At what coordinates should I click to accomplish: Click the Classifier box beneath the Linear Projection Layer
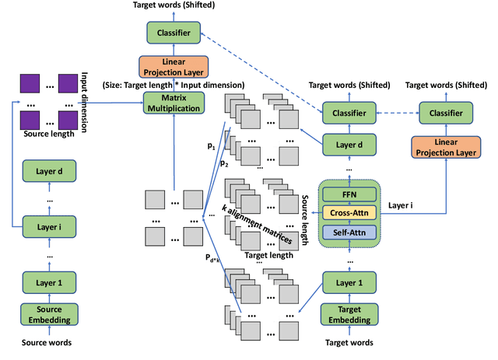point(445,114)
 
